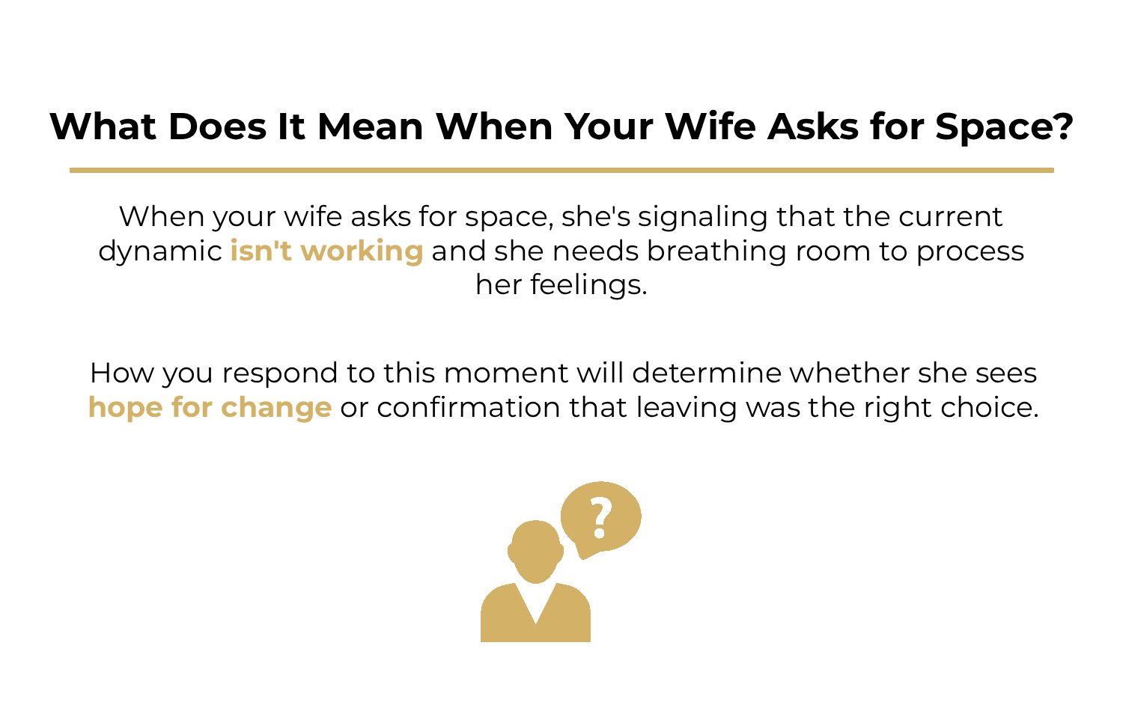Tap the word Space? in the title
point(1004,126)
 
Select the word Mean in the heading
point(371,126)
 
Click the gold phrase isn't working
point(326,251)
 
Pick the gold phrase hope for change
point(210,407)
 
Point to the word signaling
point(702,217)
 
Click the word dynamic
point(160,251)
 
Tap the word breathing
point(716,251)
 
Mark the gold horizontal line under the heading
point(561,171)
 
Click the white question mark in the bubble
point(600,517)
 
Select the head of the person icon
point(535,551)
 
